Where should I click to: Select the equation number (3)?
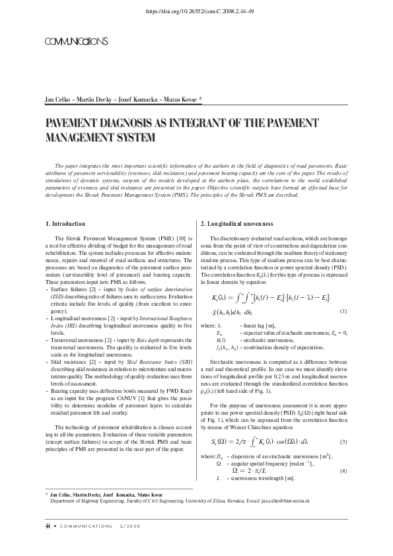click(x=343, y=442)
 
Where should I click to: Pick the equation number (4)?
click(x=343, y=470)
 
